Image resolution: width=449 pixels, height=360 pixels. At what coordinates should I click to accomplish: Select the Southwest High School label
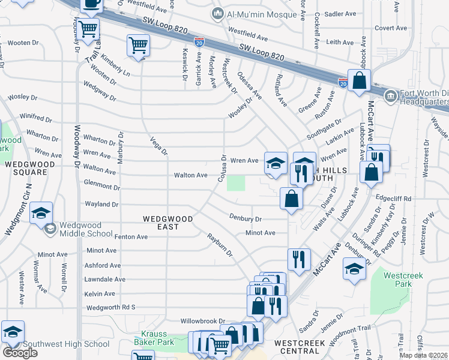pos(66,344)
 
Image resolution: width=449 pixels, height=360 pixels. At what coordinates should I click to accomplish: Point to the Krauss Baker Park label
pos(157,338)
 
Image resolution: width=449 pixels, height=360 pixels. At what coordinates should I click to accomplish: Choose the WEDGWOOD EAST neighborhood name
pos(167,219)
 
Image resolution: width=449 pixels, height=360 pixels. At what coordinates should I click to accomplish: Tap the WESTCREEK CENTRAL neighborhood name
pos(300,344)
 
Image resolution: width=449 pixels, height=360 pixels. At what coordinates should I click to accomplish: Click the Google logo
pos(20,353)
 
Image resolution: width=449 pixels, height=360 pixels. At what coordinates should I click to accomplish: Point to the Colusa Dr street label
pos(223,166)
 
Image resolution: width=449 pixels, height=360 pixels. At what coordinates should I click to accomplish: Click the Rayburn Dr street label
pos(220,245)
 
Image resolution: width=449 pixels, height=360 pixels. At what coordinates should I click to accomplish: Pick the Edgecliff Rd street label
pos(393,199)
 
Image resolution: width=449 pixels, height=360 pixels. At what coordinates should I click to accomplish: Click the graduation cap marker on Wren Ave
pos(275,163)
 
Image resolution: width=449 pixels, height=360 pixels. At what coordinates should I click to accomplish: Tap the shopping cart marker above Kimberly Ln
pos(138,46)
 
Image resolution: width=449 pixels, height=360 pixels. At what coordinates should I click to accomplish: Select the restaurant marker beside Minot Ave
pos(298,259)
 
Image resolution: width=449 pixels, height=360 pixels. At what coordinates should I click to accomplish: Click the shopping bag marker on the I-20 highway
pos(359,80)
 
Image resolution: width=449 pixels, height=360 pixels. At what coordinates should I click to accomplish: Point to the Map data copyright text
pos(424,355)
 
